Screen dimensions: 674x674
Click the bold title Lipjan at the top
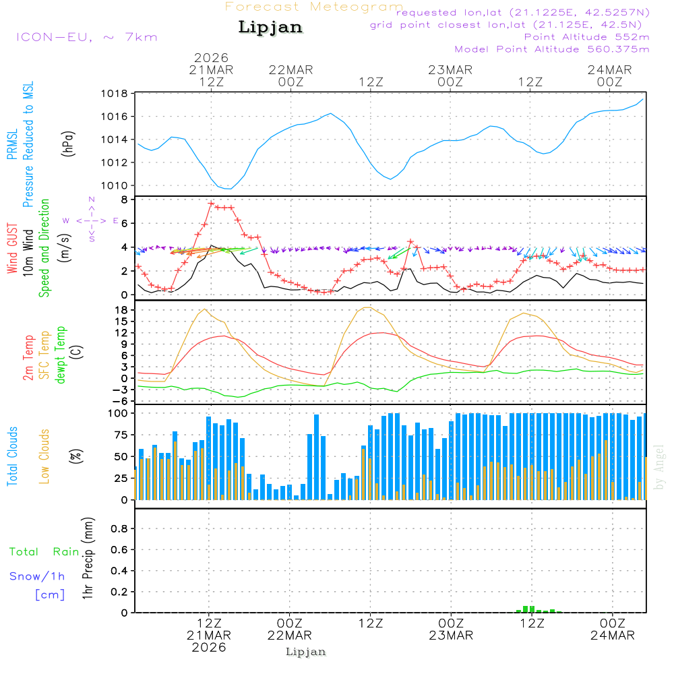[x=270, y=28]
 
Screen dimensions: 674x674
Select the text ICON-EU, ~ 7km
[x=86, y=37]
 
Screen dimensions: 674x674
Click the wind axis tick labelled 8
[x=125, y=200]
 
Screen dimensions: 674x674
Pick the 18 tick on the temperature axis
[x=122, y=310]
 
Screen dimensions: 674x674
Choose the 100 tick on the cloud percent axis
[x=119, y=412]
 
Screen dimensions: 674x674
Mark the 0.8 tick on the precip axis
[x=119, y=529]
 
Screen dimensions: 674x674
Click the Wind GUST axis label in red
[x=13, y=249]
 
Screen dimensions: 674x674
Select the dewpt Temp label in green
[x=61, y=355]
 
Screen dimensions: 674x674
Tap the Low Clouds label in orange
[x=45, y=456]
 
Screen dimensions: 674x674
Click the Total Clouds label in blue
[x=13, y=456]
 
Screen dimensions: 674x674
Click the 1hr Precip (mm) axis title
[x=88, y=559]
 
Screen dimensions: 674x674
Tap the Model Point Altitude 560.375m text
[x=552, y=49]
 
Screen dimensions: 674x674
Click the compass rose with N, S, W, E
[x=92, y=220]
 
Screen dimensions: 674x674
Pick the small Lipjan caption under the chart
[x=306, y=652]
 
